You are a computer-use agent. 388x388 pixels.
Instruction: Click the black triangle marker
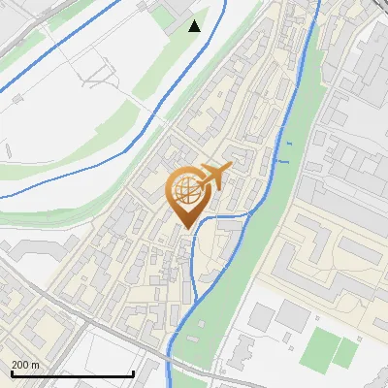point(195,25)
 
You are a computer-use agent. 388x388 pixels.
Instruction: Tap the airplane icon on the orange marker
point(214,178)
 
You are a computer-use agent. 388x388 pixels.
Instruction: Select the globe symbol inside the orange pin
point(187,192)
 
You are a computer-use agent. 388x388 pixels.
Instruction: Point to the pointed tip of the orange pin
point(187,229)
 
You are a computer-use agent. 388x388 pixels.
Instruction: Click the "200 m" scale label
point(25,364)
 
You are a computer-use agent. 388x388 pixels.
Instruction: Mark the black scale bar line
point(72,374)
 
